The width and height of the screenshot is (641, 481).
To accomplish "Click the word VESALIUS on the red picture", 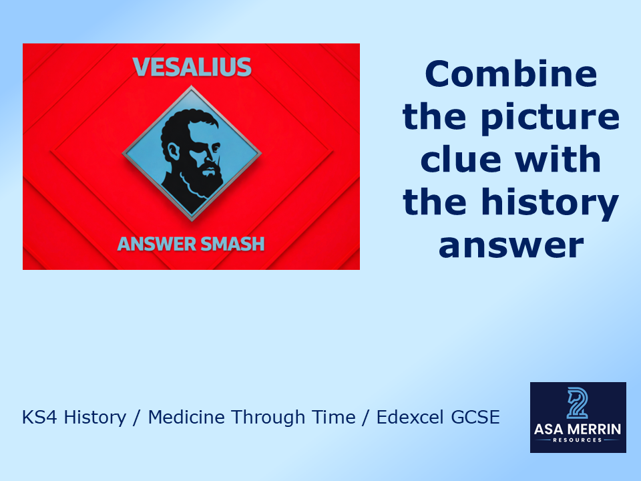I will tap(192, 67).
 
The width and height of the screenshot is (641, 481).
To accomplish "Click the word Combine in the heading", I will tap(511, 73).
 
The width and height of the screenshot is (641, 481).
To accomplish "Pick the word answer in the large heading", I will tap(511, 246).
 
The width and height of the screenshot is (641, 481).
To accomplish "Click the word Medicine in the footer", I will tap(185, 418).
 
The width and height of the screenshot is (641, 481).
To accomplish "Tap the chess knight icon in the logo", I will tap(578, 402).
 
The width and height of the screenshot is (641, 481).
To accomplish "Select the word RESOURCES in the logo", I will tap(578, 441).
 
